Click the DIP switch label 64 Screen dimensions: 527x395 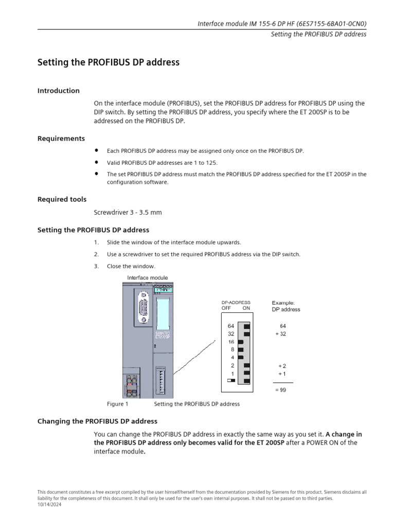[231, 326]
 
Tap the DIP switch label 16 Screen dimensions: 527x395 [231, 342]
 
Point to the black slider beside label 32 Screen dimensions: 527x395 [247, 334]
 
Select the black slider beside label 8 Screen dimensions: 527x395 [240, 349]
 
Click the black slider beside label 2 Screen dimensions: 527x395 [247, 365]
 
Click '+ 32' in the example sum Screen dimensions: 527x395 [280, 334]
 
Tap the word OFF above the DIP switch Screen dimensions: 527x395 [226, 308]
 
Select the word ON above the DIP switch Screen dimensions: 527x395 [246, 308]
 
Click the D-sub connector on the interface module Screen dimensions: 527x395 [141, 308]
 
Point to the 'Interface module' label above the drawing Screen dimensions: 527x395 [147, 278]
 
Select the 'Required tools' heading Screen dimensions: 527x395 [62, 199]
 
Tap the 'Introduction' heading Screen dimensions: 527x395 [59, 91]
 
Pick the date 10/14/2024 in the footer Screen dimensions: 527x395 [49, 504]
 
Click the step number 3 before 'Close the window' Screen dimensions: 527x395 [96, 266]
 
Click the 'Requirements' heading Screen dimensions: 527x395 [61, 138]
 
